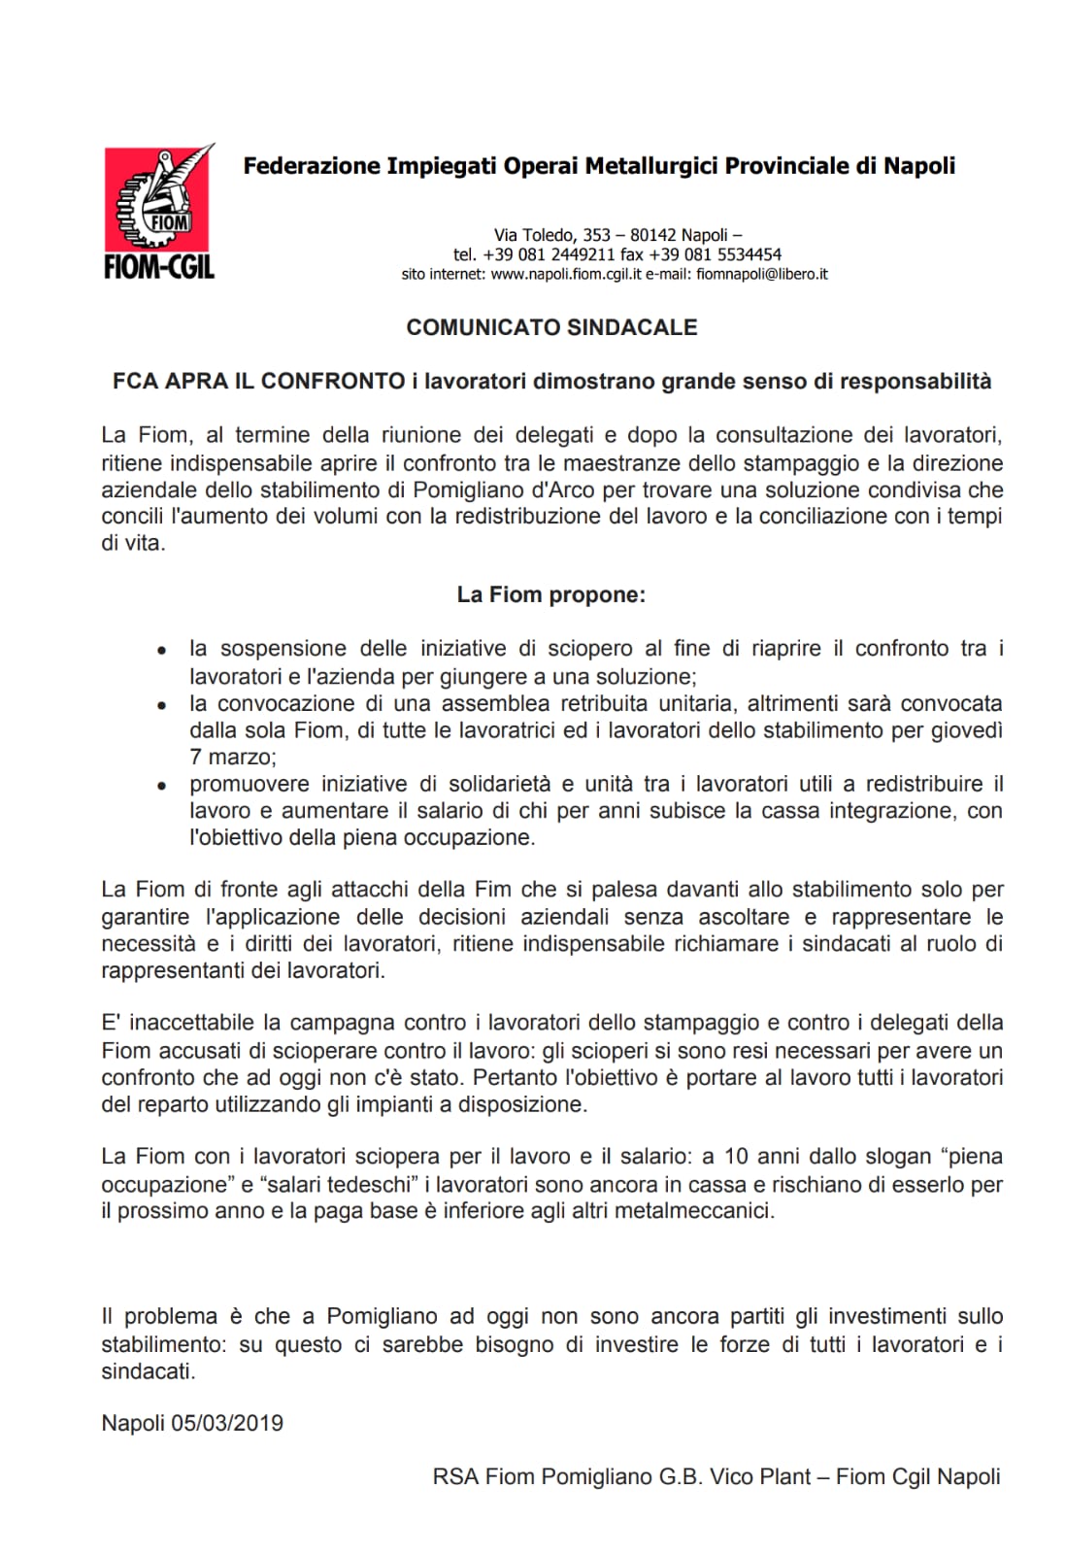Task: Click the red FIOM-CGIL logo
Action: click(x=159, y=212)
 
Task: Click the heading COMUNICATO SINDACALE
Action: click(x=551, y=327)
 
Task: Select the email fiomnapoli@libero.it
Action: click(x=762, y=275)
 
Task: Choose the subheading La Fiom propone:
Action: click(x=550, y=594)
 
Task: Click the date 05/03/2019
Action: click(x=227, y=1424)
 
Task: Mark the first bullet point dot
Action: click(x=163, y=650)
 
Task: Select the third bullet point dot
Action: click(x=163, y=785)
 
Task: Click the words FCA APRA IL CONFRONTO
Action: click(x=258, y=382)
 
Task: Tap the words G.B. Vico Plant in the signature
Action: click(x=732, y=1477)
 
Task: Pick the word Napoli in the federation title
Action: click(x=918, y=166)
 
